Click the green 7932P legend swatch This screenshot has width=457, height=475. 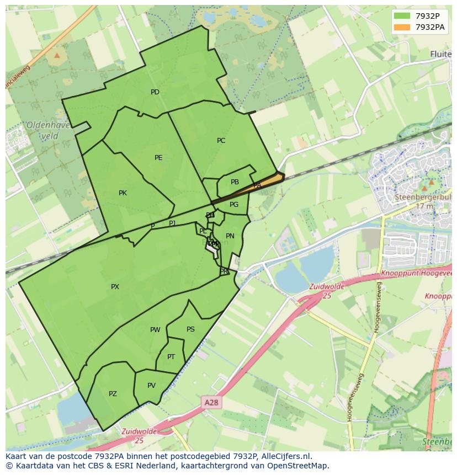(x=402, y=16)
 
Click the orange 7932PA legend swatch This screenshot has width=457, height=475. (x=402, y=26)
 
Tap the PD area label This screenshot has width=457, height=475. (x=155, y=92)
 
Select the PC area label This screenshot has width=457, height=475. (x=221, y=141)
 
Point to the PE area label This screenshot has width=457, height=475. (x=158, y=158)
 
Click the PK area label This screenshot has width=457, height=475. (x=123, y=193)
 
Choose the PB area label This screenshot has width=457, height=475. (x=235, y=182)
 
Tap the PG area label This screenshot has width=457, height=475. (x=234, y=205)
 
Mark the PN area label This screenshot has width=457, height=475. (x=230, y=236)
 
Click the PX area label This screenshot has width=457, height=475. (x=115, y=287)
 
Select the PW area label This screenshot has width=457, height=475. (x=155, y=330)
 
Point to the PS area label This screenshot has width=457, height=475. (x=190, y=329)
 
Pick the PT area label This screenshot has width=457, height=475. (x=171, y=357)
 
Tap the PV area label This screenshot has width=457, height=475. (x=151, y=386)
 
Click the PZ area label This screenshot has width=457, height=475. (x=113, y=394)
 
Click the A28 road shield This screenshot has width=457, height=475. (x=211, y=403)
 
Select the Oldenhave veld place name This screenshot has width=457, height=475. (x=48, y=130)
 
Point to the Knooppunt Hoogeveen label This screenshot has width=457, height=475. (x=417, y=274)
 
